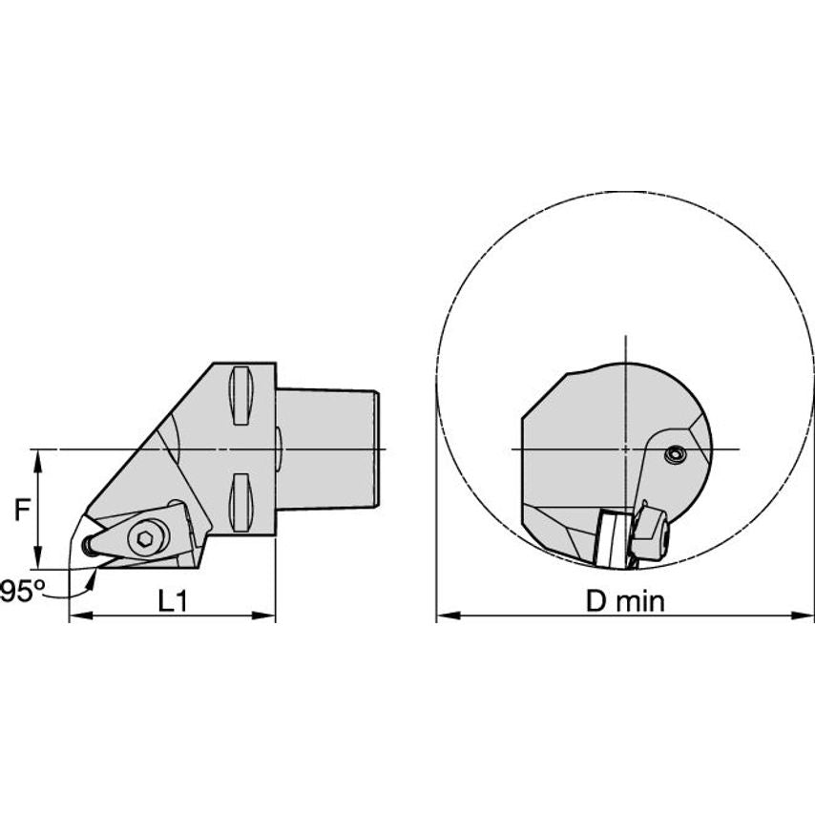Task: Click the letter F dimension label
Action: click(21, 512)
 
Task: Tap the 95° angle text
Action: click(20, 592)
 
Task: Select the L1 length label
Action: click(173, 601)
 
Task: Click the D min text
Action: click(625, 601)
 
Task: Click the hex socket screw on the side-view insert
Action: click(144, 540)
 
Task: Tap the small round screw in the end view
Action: click(676, 456)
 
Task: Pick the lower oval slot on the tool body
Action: click(240, 500)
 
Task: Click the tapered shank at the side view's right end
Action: click(329, 448)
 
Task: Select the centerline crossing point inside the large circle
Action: click(625, 449)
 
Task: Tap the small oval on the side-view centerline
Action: click(278, 449)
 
